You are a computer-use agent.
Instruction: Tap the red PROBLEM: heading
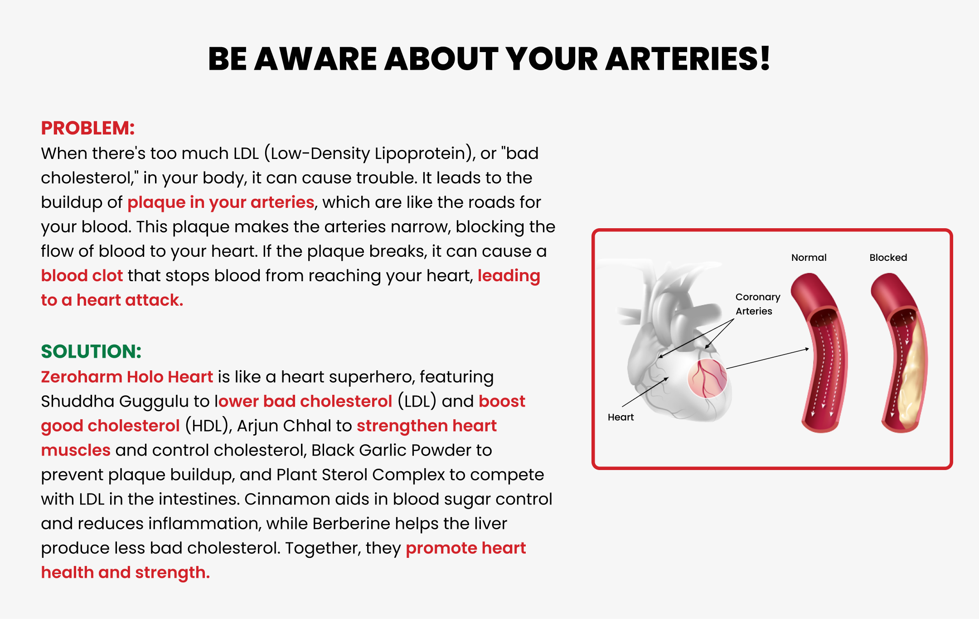[88, 128]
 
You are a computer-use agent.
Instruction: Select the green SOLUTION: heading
[91, 351]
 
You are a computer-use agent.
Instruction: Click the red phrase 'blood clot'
[82, 275]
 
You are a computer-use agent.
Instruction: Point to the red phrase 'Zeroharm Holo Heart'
[127, 377]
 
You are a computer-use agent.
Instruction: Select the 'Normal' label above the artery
[809, 257]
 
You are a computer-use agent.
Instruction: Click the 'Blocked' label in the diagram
[888, 257]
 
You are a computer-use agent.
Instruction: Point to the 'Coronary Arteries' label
[758, 304]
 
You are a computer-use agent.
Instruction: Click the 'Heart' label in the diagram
[621, 417]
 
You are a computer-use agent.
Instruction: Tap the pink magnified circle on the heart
[707, 379]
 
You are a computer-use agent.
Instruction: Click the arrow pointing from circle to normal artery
[768, 359]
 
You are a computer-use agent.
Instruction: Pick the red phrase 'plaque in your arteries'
[221, 202]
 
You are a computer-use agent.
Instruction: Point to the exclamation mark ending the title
[766, 59]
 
